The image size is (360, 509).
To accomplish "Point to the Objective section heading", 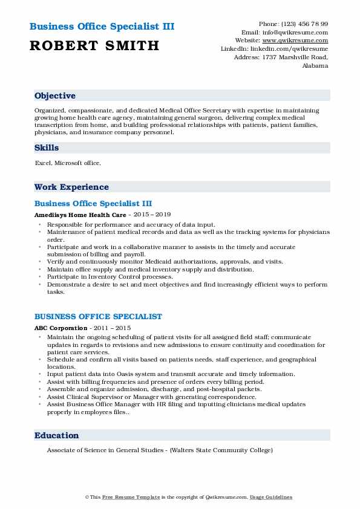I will [55, 96].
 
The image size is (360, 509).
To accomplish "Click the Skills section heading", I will [47, 148].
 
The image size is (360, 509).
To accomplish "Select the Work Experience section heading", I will [71, 187].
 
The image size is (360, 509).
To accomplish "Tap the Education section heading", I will [57, 435].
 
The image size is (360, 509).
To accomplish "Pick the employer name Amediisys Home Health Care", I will [80, 215].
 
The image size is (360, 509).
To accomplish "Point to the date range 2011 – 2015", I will [115, 328].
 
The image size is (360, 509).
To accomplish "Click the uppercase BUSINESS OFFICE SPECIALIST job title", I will [98, 316].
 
